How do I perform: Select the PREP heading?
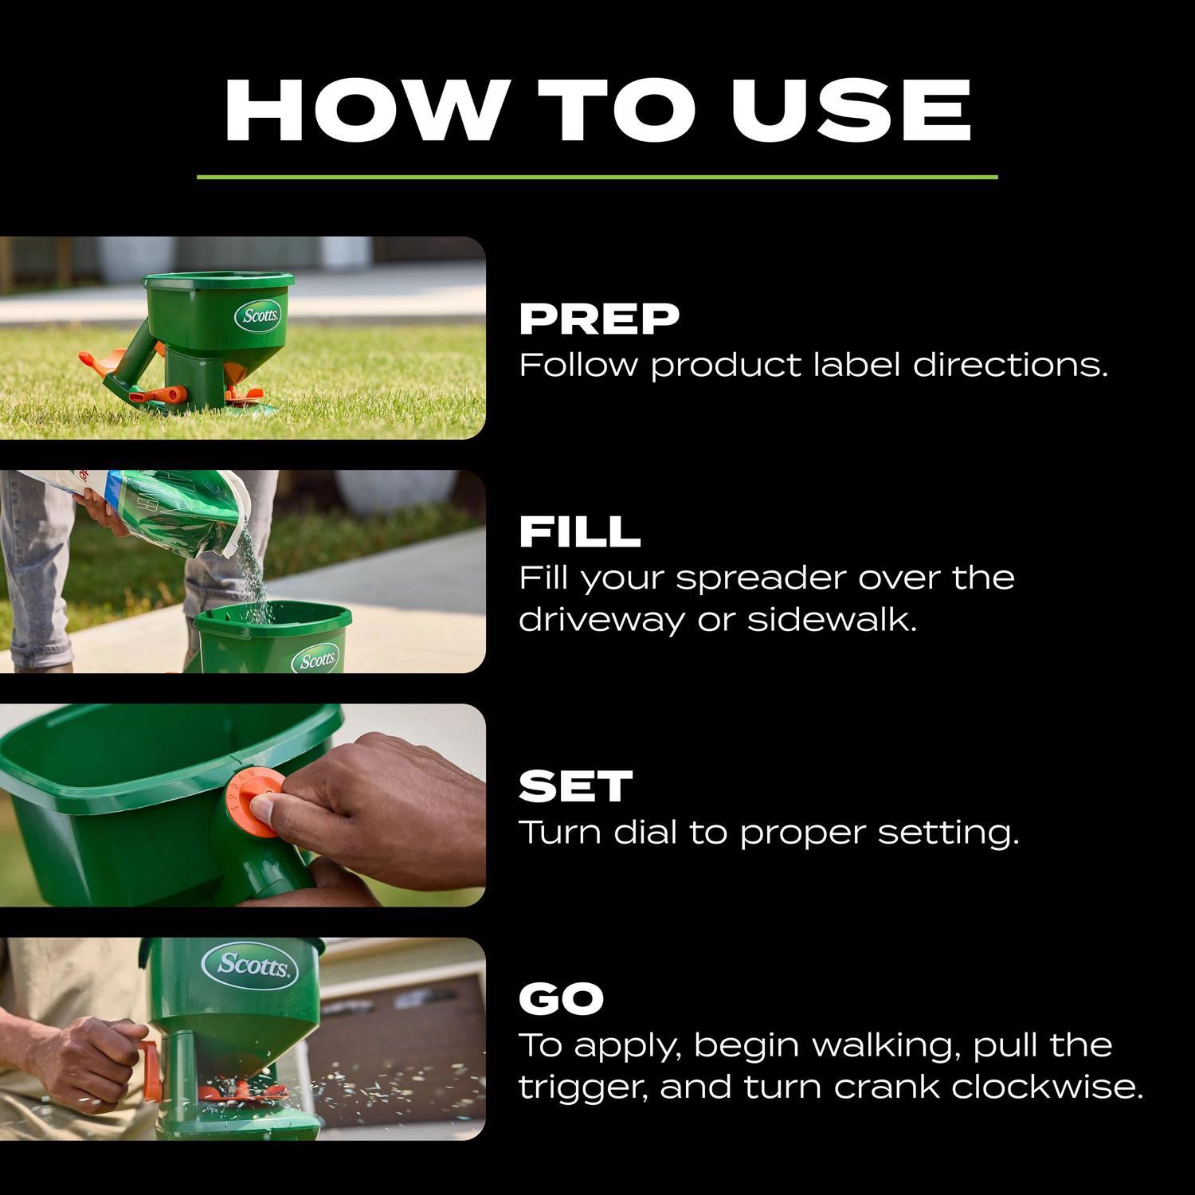(599, 319)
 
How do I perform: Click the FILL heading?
(579, 532)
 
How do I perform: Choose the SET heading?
(575, 786)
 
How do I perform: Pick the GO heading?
(561, 999)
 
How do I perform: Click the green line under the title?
(597, 177)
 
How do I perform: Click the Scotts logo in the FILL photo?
(316, 660)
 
